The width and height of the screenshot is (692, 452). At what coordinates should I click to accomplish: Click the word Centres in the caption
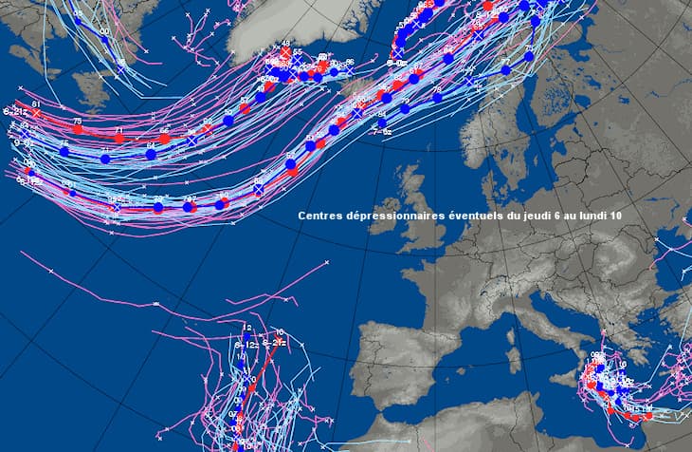tap(318, 217)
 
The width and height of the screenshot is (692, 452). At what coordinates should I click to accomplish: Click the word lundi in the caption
tap(593, 217)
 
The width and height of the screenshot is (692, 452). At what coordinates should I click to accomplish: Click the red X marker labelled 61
tap(37, 112)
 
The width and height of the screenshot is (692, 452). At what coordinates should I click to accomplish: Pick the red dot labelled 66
tap(164, 139)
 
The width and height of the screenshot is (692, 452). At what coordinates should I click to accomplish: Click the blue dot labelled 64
tap(151, 154)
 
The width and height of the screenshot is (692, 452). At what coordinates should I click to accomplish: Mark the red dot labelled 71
tap(119, 138)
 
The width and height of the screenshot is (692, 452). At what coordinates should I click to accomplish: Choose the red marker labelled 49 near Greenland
tap(285, 53)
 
